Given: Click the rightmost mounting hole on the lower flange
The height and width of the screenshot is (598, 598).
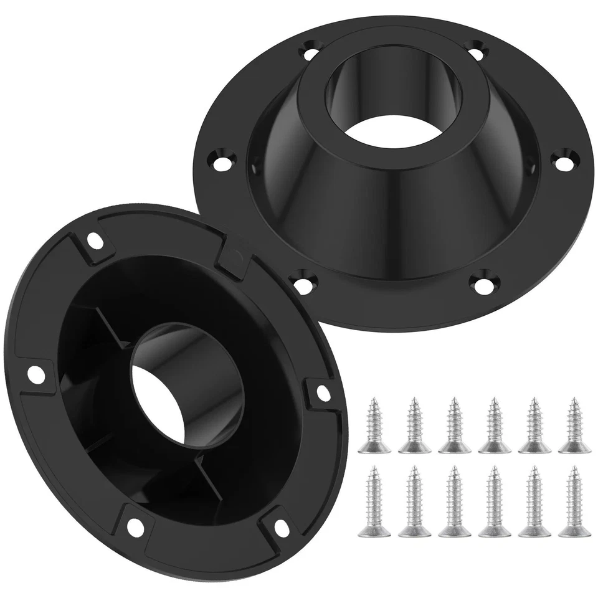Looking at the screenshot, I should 322,391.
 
